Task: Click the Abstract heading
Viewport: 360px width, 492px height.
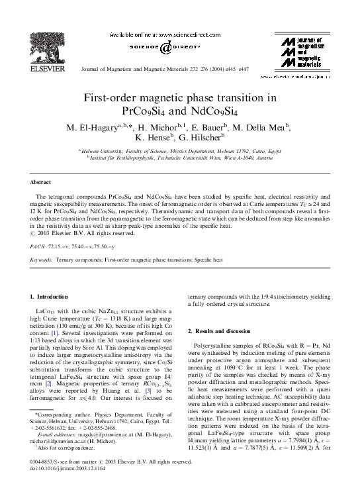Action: tap(41, 181)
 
